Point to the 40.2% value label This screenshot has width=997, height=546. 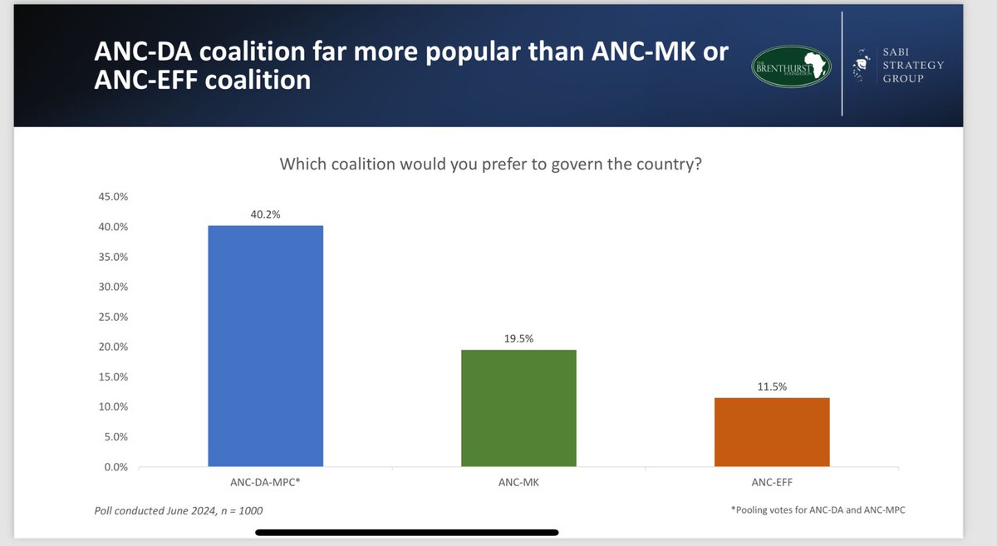(x=265, y=214)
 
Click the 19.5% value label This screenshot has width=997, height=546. (x=518, y=338)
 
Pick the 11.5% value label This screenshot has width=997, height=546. (x=772, y=386)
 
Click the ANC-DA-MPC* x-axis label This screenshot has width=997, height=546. (x=265, y=482)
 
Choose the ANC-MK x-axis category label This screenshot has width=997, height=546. (x=518, y=482)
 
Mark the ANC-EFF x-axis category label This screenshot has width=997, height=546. (x=772, y=482)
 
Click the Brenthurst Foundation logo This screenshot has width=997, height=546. (x=790, y=65)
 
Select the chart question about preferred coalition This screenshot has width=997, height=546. (x=491, y=164)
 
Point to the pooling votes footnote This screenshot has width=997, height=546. (x=818, y=510)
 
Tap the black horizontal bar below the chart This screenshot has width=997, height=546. (x=406, y=533)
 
